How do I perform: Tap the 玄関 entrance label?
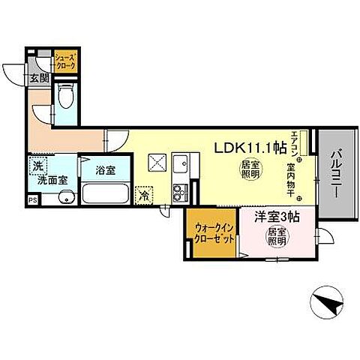39,77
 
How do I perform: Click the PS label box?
32,200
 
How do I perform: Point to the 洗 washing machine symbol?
36,165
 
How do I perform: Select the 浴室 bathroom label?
105,170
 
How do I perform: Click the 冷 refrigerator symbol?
143,193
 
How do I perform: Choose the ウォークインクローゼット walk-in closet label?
212,232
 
